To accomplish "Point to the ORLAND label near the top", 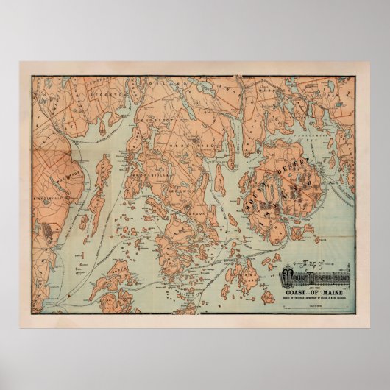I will pos(174,85).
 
